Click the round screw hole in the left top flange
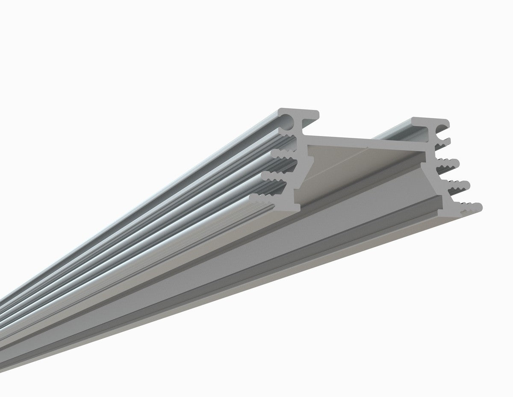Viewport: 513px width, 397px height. (289, 122)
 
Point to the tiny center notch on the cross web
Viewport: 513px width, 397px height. (368, 147)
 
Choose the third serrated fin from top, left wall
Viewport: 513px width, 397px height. (274, 176)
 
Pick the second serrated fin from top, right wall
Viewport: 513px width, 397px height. (449, 162)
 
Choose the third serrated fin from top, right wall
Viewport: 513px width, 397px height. (457, 185)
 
